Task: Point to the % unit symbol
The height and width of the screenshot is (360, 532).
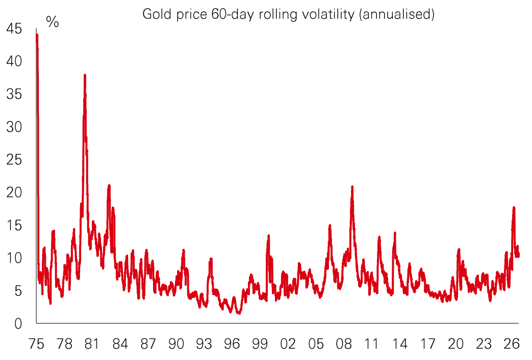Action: click(x=53, y=22)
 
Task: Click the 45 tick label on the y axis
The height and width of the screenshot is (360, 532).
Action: click(x=14, y=29)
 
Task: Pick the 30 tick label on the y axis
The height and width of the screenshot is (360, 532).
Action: click(x=14, y=127)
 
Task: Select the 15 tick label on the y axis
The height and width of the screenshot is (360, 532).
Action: click(x=14, y=225)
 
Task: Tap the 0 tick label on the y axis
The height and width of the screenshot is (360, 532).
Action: click(x=18, y=324)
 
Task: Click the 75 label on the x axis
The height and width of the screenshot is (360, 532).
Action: click(x=36, y=344)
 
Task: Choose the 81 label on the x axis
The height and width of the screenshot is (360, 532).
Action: click(x=92, y=344)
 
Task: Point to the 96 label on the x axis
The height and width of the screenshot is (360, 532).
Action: click(x=232, y=344)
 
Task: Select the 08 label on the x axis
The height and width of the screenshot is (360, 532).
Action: click(x=344, y=344)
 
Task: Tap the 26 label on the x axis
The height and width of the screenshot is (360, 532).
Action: click(x=511, y=344)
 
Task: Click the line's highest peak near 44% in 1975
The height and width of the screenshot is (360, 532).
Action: click(x=37, y=35)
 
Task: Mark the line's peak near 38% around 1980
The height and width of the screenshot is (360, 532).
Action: click(x=85, y=75)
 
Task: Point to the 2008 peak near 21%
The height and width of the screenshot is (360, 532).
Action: click(x=352, y=187)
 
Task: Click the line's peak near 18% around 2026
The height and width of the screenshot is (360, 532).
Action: click(x=514, y=208)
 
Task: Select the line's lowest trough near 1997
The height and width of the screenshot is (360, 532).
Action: click(x=239, y=313)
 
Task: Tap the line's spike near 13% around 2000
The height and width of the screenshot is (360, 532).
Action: click(x=268, y=236)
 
